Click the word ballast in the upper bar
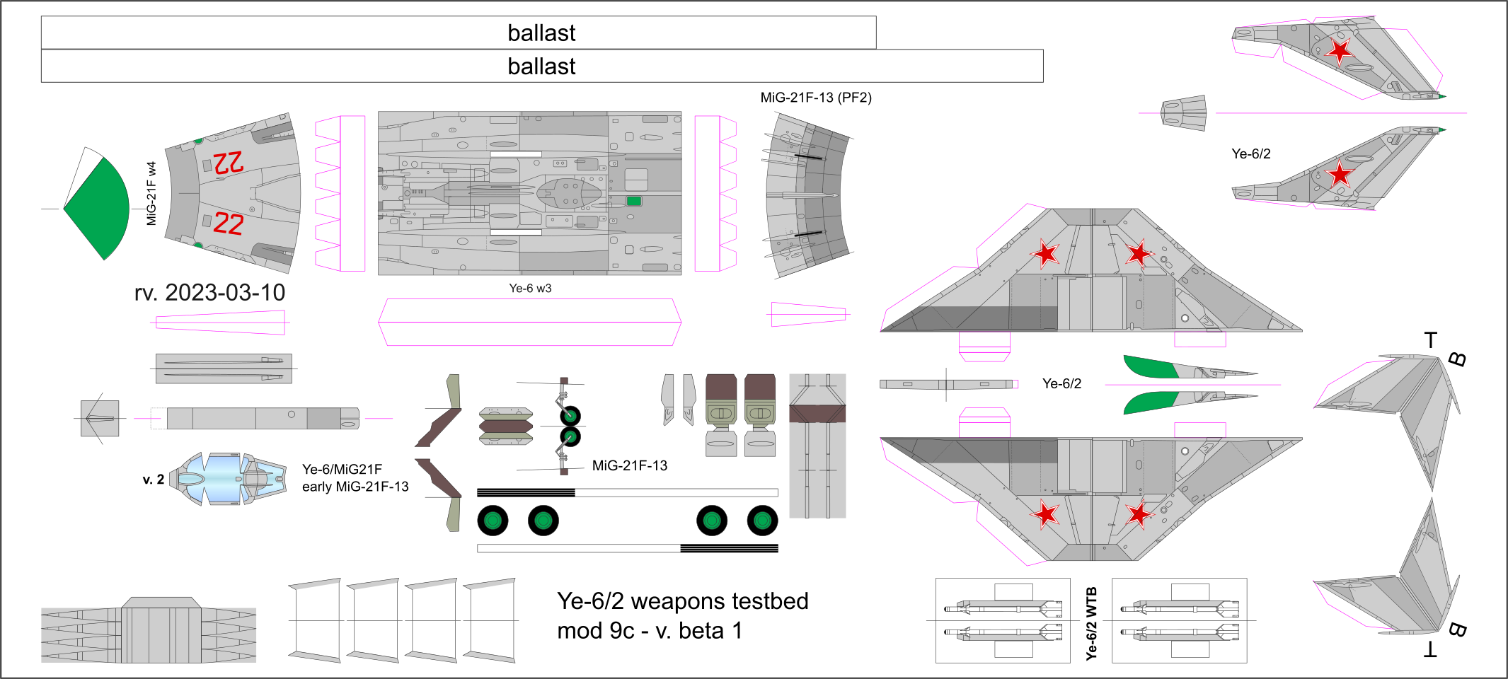point(541,33)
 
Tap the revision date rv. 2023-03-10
point(209,293)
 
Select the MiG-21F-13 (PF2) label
point(815,98)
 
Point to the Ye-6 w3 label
point(530,289)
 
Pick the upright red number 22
point(229,224)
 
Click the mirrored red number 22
point(229,163)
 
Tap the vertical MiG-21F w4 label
point(151,193)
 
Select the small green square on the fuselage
point(634,201)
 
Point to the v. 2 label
point(153,480)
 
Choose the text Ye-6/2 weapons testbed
point(682,601)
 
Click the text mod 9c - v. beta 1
point(649,631)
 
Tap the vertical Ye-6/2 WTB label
point(1091,623)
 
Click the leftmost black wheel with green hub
point(493,521)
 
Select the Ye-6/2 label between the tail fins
point(1250,154)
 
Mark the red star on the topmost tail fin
point(1339,50)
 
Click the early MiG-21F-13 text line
point(355,487)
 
